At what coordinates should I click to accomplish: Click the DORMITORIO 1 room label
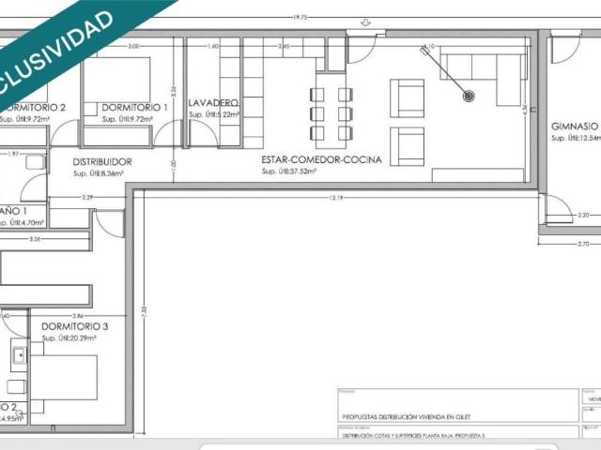[134, 108]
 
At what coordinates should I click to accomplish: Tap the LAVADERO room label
[213, 102]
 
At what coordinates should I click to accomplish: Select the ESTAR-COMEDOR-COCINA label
[321, 160]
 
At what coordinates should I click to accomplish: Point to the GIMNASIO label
[575, 126]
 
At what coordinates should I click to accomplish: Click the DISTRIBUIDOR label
[102, 162]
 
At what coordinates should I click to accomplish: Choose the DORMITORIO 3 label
[75, 326]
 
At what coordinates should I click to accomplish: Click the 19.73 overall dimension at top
[300, 17]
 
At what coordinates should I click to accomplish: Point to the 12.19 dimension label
[335, 198]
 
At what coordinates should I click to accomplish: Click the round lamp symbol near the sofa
[469, 96]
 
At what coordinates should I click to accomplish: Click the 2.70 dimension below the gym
[569, 243]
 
